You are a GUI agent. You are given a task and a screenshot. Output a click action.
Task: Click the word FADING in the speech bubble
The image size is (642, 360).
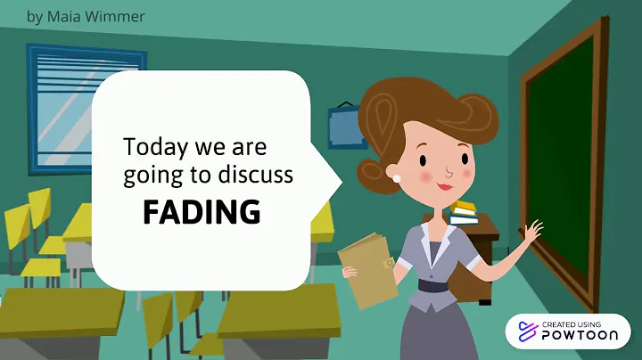tap(202, 212)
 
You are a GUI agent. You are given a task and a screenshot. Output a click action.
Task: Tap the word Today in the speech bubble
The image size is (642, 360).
tap(150, 145)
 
